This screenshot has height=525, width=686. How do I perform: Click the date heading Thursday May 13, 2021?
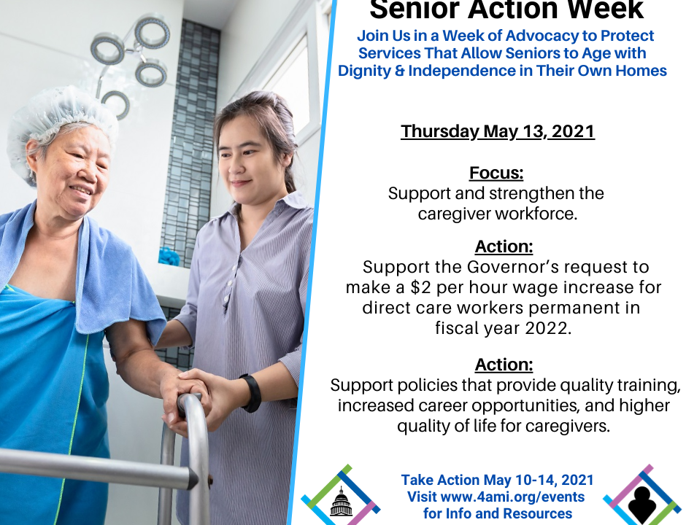point(498,131)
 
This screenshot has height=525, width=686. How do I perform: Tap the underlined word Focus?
point(496,173)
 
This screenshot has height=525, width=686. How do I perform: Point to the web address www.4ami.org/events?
point(512,497)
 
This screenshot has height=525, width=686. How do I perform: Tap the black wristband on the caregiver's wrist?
point(252,393)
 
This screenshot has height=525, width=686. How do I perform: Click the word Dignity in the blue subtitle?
point(364,71)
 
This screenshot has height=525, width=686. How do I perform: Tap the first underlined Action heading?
point(504,246)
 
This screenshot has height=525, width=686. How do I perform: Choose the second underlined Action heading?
point(504,365)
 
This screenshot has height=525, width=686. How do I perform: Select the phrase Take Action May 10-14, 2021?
point(498,480)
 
